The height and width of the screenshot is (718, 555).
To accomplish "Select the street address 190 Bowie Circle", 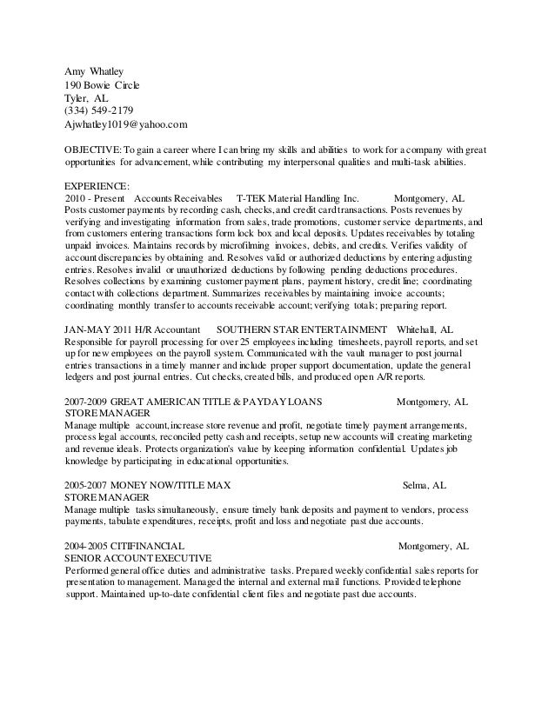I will click(x=102, y=85).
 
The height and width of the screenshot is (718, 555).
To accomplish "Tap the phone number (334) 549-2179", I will click(x=99, y=110).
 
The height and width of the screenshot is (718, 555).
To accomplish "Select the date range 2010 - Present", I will click(x=92, y=198).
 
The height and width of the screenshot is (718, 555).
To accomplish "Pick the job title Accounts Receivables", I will click(x=178, y=198).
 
